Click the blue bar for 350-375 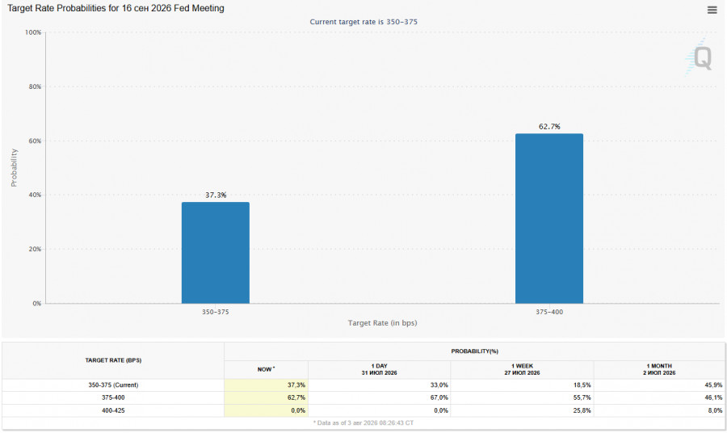[x=216, y=253]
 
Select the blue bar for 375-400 [x=549, y=218]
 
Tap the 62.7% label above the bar [x=549, y=127]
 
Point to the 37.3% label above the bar [x=216, y=195]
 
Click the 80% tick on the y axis [x=35, y=86]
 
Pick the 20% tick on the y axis [x=35, y=249]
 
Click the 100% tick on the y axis [x=33, y=32]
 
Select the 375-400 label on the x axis [x=549, y=312]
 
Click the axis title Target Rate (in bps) [x=383, y=322]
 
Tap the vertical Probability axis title [x=14, y=168]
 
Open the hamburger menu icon [x=712, y=10]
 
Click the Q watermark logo [x=699, y=57]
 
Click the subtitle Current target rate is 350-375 [x=363, y=22]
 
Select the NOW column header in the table [x=266, y=369]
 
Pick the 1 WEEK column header [x=522, y=369]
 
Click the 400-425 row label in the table [x=113, y=410]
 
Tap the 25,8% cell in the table [x=582, y=410]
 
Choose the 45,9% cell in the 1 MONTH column [x=713, y=385]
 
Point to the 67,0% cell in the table [x=439, y=397]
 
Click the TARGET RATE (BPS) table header [x=113, y=360]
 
